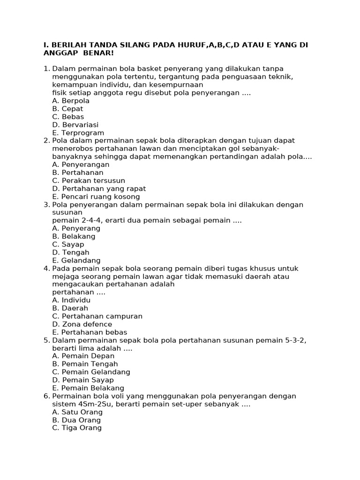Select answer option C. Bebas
point(68,117)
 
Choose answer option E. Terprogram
point(78,133)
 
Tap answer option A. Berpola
point(71,101)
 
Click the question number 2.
point(46,141)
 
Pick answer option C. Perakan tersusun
point(89,180)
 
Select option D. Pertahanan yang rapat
point(99,188)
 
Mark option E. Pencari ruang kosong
point(96,196)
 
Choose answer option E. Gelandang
point(76,260)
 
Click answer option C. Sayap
point(68,244)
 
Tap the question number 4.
point(46,269)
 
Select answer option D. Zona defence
point(82,324)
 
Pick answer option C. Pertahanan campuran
point(97,316)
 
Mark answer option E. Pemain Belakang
point(88,388)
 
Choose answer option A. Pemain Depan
point(83,356)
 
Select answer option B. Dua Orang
point(76,420)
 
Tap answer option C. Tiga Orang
point(77,428)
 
